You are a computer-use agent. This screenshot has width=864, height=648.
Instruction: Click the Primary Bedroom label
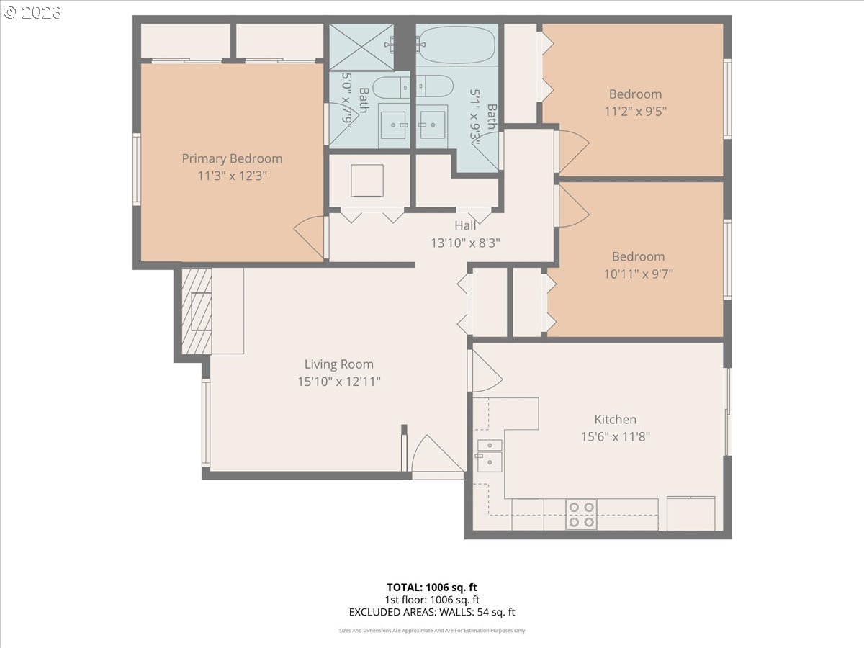pos(232,158)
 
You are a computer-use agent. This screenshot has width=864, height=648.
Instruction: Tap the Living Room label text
pos(339,364)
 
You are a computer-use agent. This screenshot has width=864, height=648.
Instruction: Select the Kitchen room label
pos(615,420)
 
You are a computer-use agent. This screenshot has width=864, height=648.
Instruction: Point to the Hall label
pos(465,225)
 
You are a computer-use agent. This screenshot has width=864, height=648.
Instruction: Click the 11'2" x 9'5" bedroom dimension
pos(635,112)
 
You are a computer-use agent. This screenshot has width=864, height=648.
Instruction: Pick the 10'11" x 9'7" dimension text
pos(638,274)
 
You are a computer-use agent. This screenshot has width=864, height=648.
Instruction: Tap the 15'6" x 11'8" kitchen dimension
pos(615,437)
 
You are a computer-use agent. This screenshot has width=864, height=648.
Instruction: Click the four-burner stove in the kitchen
pos(581,515)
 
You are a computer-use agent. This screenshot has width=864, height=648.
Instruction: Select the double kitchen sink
pos(490,456)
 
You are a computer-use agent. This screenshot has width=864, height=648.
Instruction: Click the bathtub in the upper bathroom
pos(456,45)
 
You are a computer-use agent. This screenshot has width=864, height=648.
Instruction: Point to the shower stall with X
pos(361,48)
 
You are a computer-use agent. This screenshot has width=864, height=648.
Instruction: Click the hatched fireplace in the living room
pos(197,311)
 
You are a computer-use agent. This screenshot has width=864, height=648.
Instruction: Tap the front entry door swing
pos(437,454)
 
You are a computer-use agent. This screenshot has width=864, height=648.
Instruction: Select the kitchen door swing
pos(487,371)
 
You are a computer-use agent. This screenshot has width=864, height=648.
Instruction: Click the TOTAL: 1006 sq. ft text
pos(432,588)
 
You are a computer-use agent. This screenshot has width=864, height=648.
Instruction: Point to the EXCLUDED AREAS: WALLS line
pos(432,612)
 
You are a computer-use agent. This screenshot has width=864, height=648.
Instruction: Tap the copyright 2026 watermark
pos(32,12)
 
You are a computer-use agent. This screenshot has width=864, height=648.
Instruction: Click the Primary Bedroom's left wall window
pos(137,169)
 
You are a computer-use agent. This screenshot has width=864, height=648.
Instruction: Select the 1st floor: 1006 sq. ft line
pos(432,600)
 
